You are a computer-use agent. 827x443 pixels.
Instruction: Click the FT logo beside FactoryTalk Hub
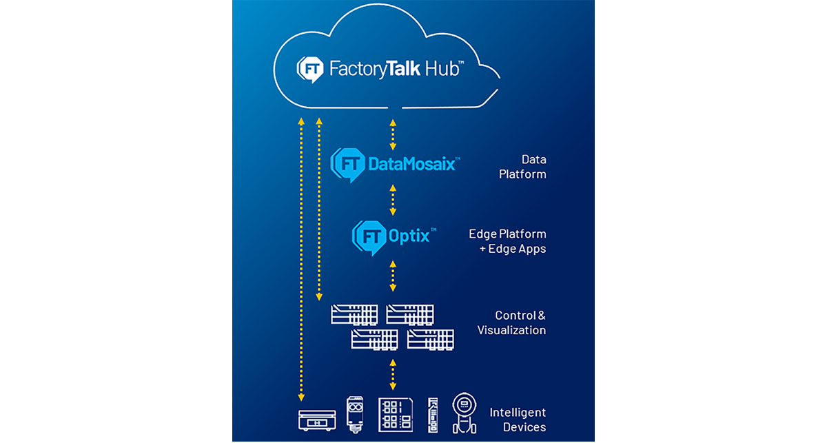coord(309,69)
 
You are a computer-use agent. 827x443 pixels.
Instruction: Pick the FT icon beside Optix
coord(367,236)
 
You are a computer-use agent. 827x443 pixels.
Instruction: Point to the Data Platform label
coord(522,167)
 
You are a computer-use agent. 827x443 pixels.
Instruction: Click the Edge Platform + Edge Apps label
coord(512,241)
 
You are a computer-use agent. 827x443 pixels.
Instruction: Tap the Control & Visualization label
coord(511,322)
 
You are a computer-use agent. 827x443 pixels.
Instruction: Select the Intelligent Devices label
coord(518,420)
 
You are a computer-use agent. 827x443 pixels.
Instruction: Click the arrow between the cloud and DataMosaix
coord(393,134)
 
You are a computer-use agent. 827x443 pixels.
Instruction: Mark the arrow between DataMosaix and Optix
coord(393,200)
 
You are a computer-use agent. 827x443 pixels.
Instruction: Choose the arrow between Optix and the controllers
coord(393,276)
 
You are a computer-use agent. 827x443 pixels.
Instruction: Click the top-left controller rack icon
coord(354,314)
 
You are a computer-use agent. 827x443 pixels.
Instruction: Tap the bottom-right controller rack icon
coord(431,339)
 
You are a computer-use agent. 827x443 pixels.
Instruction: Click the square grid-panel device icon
coord(395,414)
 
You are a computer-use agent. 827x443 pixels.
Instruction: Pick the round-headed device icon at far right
coord(464,413)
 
